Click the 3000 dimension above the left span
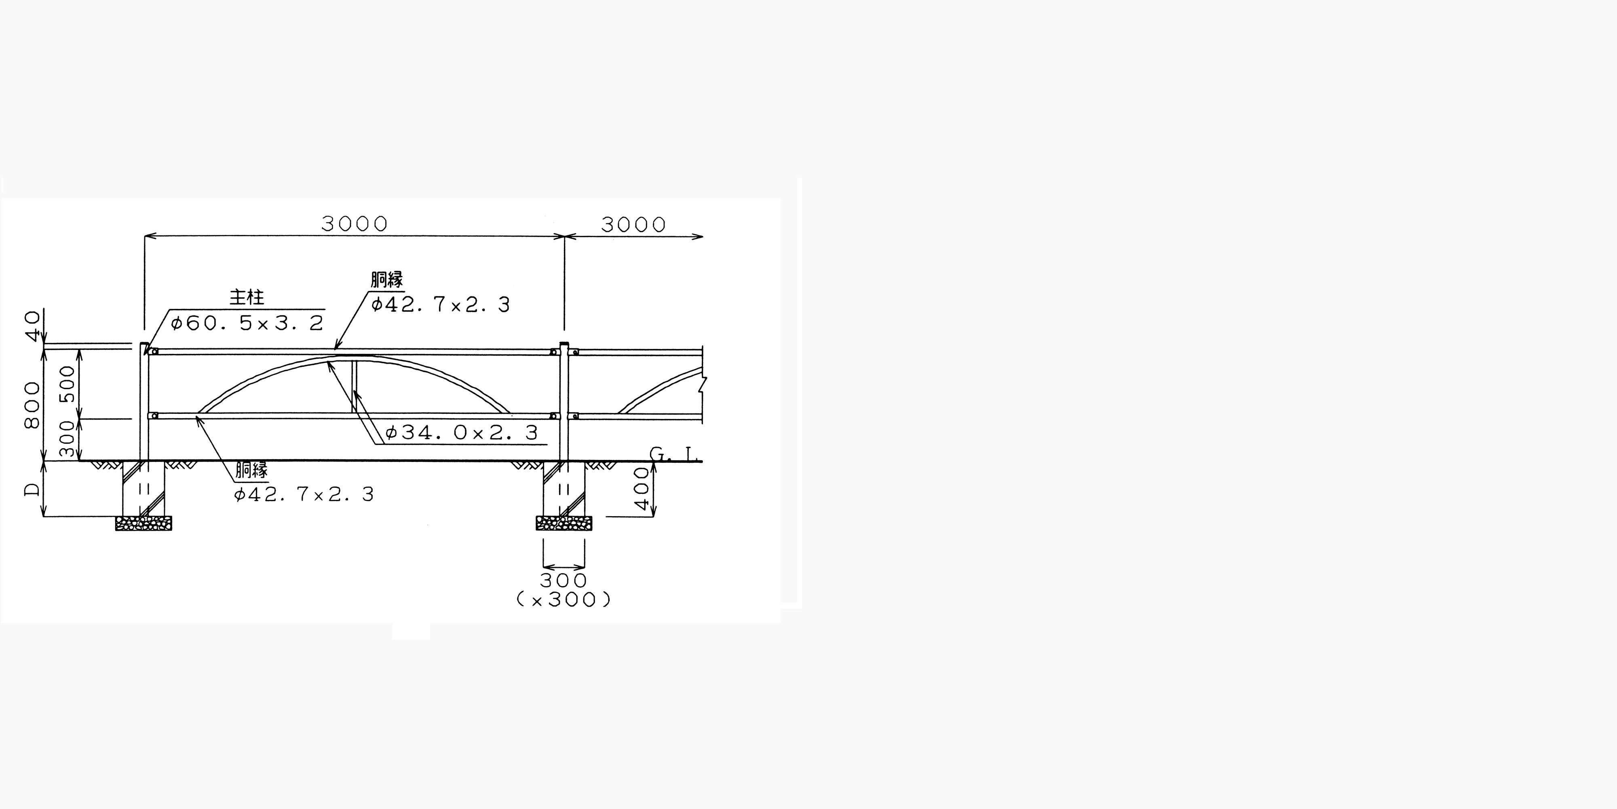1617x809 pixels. pos(355,224)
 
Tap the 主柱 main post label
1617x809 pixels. pos(247,297)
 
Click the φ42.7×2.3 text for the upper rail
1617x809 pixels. pos(441,305)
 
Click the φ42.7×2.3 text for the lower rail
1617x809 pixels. pos(304,494)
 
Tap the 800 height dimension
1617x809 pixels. pos(32,405)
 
